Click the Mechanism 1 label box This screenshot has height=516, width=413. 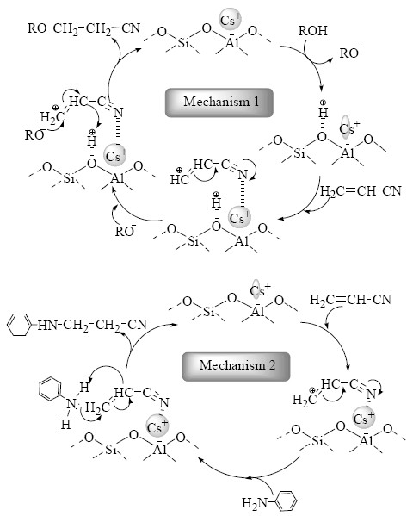coord(219,103)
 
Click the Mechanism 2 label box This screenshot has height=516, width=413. coord(236,366)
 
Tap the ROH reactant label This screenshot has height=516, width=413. coord(312,31)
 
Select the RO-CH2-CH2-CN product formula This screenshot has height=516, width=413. coord(83,28)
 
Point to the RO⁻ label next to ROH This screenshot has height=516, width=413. coord(350,53)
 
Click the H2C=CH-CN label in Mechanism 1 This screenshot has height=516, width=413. coord(361,191)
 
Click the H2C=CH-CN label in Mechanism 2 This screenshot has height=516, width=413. coord(350,300)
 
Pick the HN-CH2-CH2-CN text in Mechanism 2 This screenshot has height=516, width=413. coord(92,326)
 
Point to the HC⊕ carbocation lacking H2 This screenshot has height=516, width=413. coord(180,177)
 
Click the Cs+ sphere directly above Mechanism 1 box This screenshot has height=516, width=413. coord(230,20)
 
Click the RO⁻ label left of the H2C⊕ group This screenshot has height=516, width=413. coord(35,135)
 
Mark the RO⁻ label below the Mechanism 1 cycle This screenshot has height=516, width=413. coord(125,232)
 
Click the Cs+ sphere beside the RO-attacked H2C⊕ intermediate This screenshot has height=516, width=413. coord(116,155)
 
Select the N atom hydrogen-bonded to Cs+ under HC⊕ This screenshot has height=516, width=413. coord(243,174)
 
